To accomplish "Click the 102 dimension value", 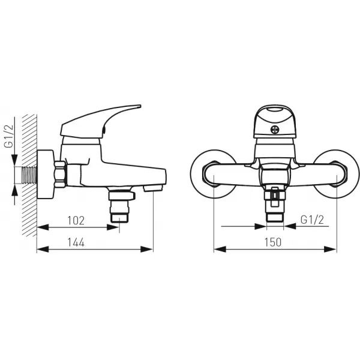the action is pos(76,221).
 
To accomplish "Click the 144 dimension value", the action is pos(76,242).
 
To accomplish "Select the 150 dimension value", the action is pos(273,242).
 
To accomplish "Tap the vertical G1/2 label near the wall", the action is pos(9,136).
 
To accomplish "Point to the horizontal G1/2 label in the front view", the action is pos(312,220).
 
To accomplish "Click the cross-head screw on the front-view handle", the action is pos(275,130).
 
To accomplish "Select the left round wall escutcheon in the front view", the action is pos(213,174).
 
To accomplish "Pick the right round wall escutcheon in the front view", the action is pos(336,174).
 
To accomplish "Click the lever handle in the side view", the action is pos(100,121).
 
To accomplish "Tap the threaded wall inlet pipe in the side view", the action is pos(29,175).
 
